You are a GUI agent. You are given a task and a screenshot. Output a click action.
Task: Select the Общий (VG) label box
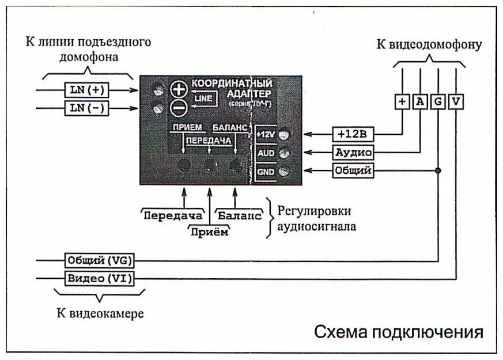pos(99,260)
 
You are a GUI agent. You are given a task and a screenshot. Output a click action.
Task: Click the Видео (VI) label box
pos(99,279)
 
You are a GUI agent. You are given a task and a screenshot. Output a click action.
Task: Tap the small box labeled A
pos(420,101)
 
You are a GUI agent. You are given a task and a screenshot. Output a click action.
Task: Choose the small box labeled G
pos(438,101)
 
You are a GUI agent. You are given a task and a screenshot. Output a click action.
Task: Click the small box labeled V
pos(456,101)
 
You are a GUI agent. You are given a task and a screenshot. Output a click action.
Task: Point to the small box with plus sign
pos(402,101)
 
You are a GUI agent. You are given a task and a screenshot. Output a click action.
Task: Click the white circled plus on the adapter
pos(179,89)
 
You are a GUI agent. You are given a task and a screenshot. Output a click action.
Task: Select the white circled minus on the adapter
pos(179,107)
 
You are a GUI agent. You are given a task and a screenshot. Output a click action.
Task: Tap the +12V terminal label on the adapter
pos(265,134)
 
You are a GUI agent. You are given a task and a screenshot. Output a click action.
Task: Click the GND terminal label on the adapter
pos(265,171)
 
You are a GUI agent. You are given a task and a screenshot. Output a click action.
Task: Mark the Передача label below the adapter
pos(173,216)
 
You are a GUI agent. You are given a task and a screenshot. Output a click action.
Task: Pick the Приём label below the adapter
pos(210,232)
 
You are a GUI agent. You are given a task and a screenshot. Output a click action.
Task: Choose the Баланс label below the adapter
pos(239,216)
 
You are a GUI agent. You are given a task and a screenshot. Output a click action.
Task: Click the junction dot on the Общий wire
pos(438,170)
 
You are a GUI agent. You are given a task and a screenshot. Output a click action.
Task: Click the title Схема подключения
pos(398,332)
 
